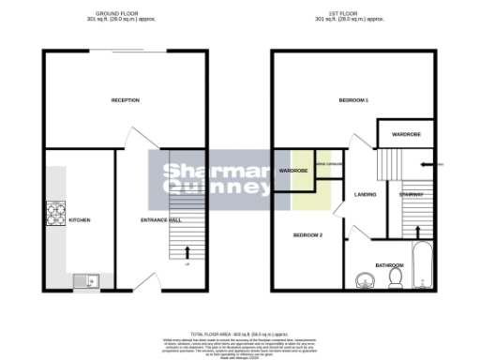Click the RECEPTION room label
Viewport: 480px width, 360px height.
(125, 100)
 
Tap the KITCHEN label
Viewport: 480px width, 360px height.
(80, 220)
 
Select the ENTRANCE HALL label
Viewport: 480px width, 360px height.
(160, 220)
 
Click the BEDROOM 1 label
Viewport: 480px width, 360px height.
(352, 100)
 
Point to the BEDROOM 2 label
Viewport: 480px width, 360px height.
(307, 235)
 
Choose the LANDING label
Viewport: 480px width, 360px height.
(366, 195)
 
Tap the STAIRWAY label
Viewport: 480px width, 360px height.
(412, 195)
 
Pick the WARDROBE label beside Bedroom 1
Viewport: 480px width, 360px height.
(406, 134)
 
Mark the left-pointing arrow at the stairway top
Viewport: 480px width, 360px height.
(427, 164)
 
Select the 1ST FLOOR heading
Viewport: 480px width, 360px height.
(353, 13)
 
